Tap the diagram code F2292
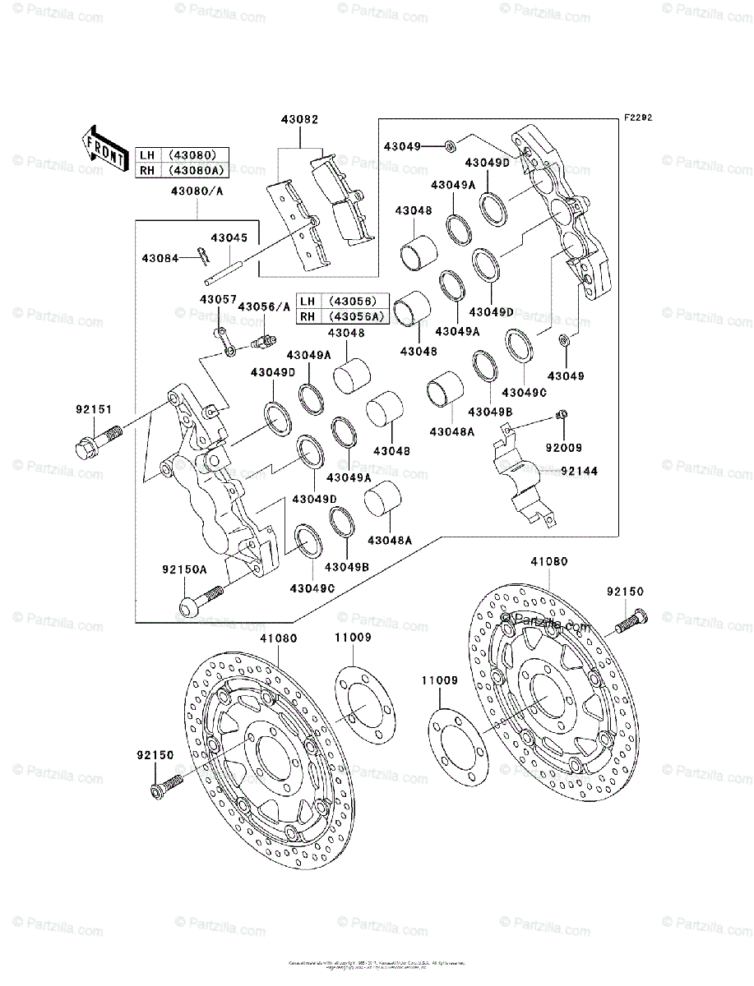[x=637, y=118]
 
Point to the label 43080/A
[x=197, y=191]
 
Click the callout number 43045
[x=228, y=237]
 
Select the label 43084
[x=159, y=258]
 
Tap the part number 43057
[x=216, y=300]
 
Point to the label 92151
[x=95, y=409]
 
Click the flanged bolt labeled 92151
[x=95, y=441]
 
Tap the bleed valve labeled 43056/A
[x=264, y=340]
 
